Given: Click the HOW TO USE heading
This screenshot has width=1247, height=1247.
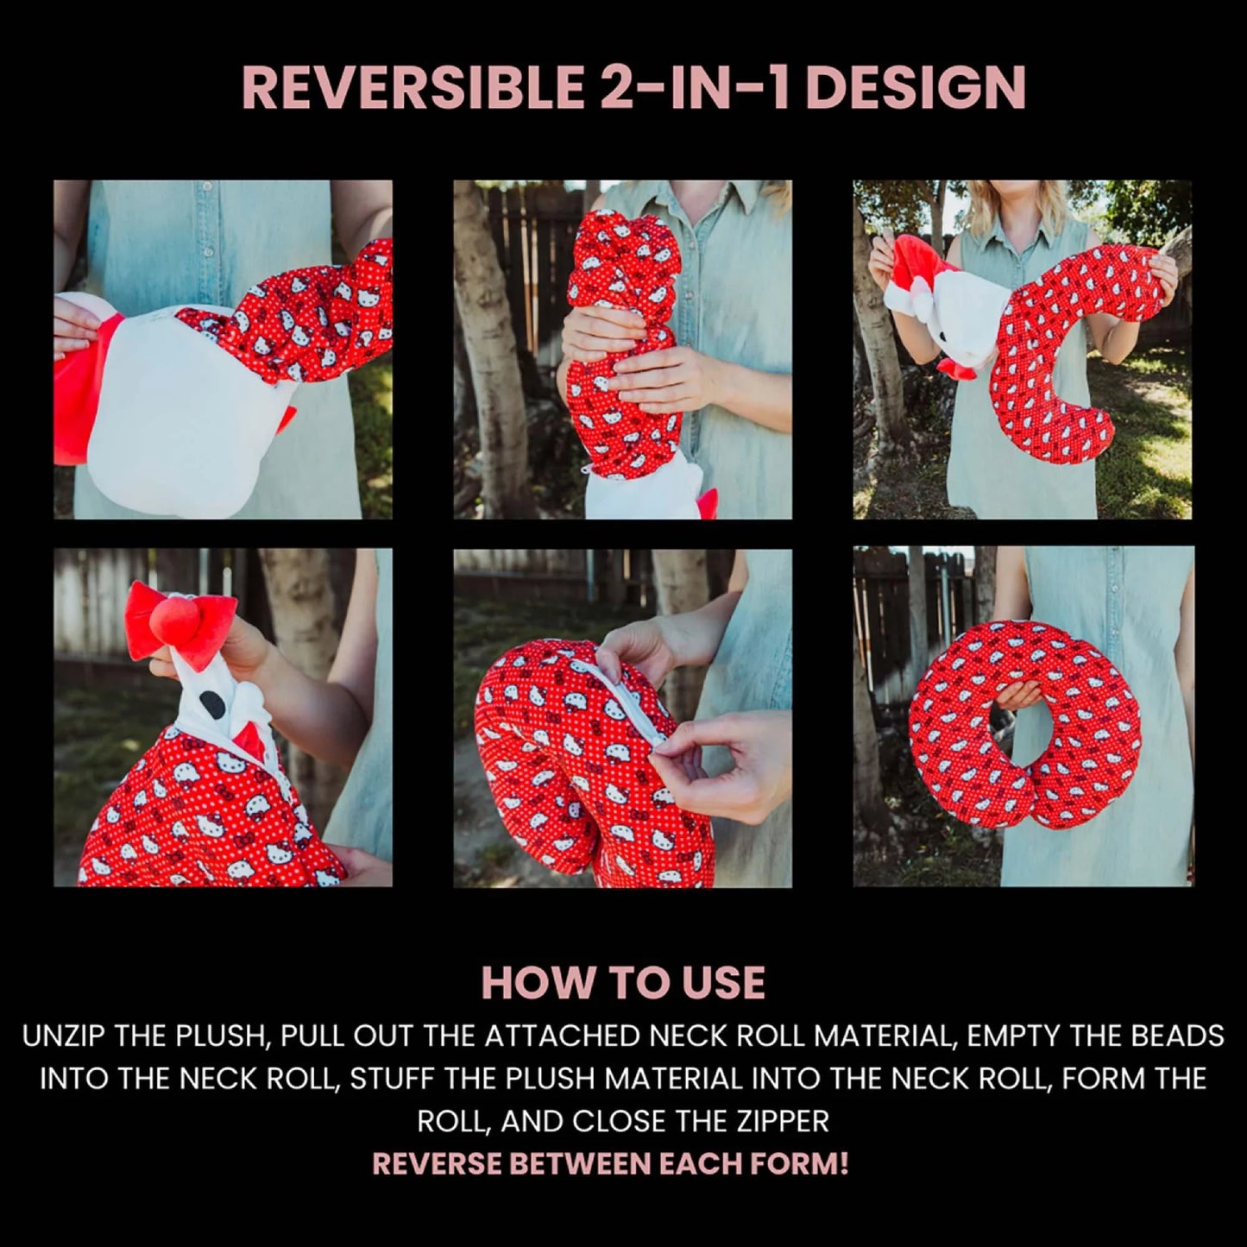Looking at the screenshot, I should coord(623,983).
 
